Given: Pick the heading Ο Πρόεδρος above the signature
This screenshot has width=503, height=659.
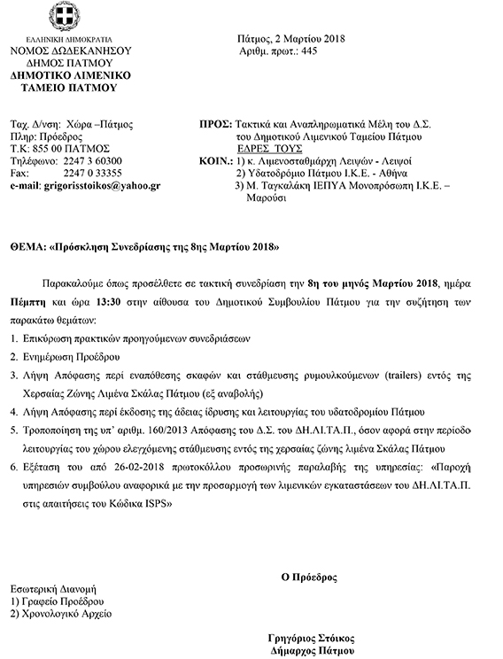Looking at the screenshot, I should tap(309, 577).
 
